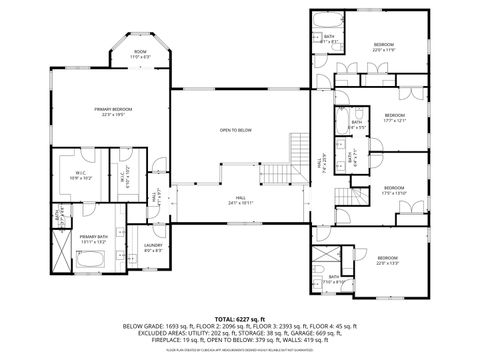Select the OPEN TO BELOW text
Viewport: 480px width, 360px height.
point(236,130)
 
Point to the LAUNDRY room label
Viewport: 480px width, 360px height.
point(153,247)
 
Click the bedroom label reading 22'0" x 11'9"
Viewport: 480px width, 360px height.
point(385,47)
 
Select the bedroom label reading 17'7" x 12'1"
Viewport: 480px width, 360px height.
point(394,118)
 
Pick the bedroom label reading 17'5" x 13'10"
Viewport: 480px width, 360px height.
point(393,190)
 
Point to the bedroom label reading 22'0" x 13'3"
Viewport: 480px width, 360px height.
point(387,262)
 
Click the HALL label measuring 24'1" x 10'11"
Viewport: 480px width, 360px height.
point(240,200)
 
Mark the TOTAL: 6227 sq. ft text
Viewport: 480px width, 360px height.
point(239,315)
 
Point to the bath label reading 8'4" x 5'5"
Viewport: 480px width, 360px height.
point(356,126)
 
